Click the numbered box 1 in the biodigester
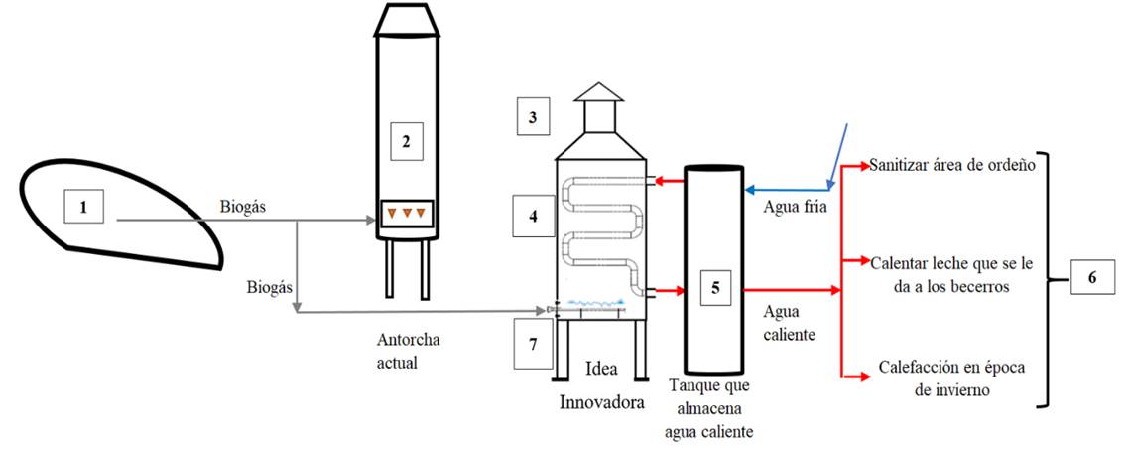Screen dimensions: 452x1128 coord(84,208)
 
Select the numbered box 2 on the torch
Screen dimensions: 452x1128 coord(405,141)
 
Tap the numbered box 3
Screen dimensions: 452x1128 coord(533,118)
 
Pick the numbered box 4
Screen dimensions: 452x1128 coord(532,215)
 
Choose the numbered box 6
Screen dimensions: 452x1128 coord(1091,277)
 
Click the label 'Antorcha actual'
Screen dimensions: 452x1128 coord(407,352)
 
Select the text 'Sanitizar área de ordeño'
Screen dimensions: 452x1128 coord(952,165)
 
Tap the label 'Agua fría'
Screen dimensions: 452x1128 coord(790,209)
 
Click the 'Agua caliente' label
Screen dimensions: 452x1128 coord(790,322)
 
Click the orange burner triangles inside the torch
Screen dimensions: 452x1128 coord(407,213)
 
